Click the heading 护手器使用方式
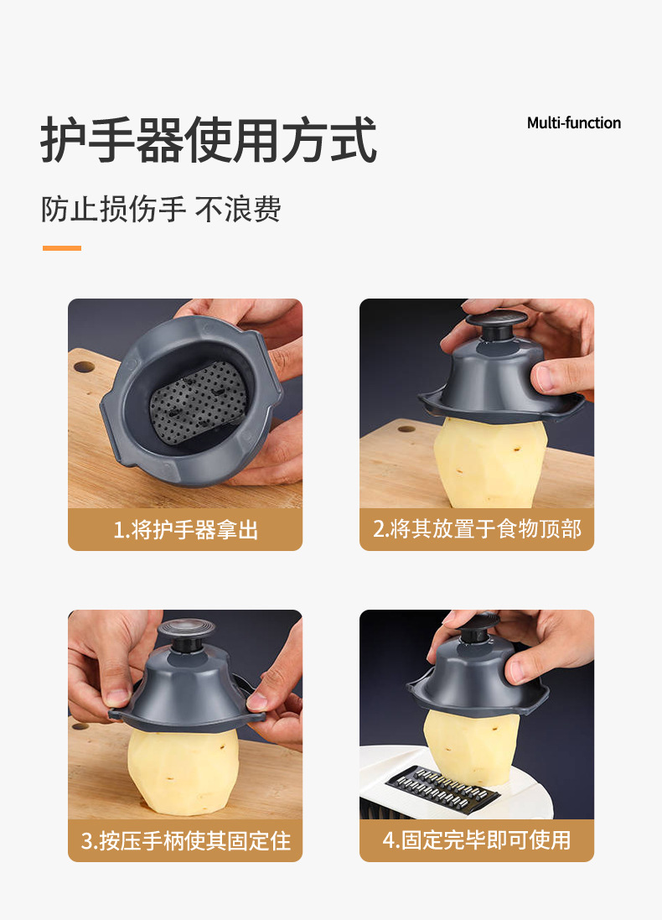[x=208, y=140]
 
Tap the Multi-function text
[x=573, y=123]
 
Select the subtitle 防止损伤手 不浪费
[x=161, y=209]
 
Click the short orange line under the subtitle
[x=61, y=248]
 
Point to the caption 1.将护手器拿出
[x=185, y=530]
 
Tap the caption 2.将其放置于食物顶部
[x=477, y=529]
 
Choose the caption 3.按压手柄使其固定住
[x=185, y=841]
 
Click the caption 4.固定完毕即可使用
[x=477, y=840]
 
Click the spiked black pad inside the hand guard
[x=199, y=401]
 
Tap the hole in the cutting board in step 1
[x=84, y=366]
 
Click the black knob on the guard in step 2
[x=497, y=324]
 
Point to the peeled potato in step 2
[x=489, y=460]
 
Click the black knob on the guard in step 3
[x=187, y=634]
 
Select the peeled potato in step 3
[x=183, y=769]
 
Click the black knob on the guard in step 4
[x=479, y=627]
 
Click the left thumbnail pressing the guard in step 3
[x=117, y=696]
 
